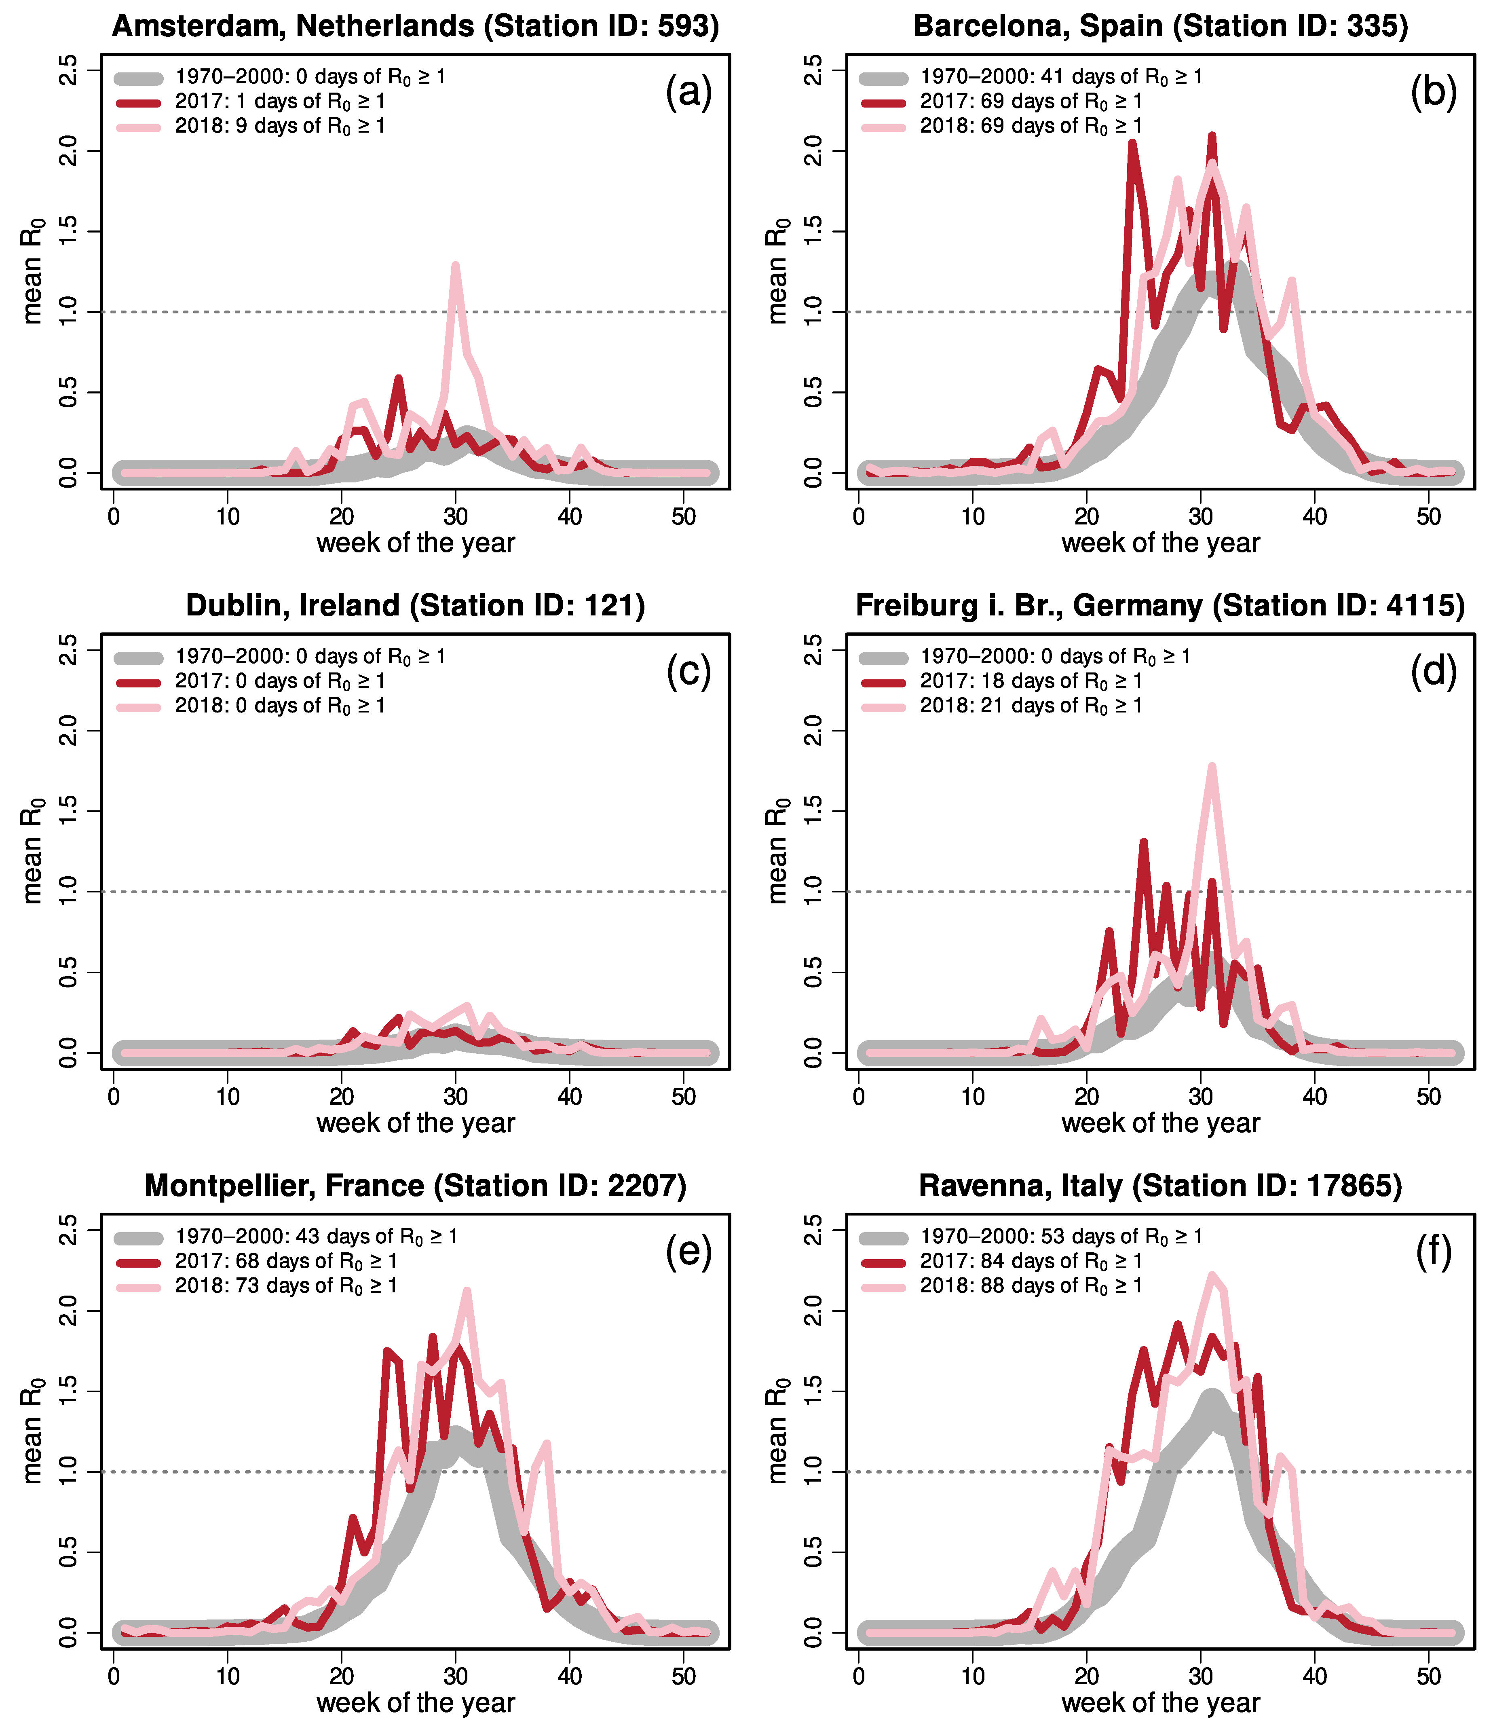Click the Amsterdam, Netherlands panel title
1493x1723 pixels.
415,26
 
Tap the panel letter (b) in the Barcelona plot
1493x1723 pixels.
1433,92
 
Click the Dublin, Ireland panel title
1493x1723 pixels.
415,606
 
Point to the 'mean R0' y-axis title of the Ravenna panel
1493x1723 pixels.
777,1431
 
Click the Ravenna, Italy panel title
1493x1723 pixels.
1160,1186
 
